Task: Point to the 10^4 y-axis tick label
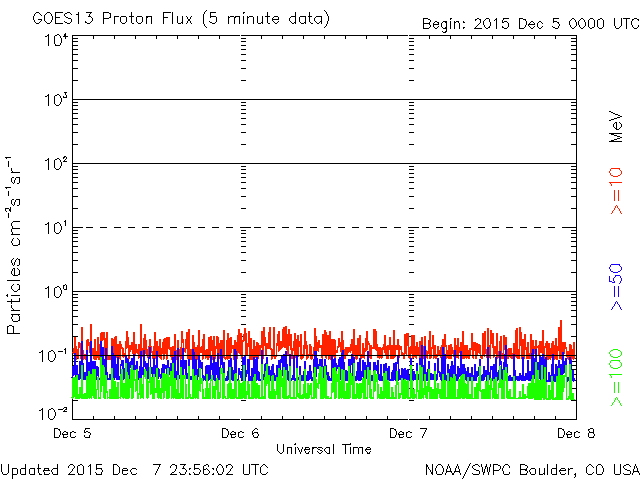click(55, 42)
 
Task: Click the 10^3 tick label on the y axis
click(55, 101)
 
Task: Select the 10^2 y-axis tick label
click(55, 165)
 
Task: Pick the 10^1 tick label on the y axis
click(55, 229)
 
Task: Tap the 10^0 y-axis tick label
click(55, 293)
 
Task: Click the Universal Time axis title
click(324, 449)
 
